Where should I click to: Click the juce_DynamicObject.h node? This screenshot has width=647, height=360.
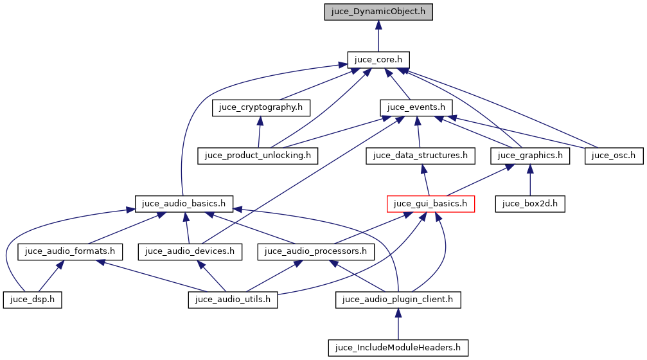[x=378, y=12]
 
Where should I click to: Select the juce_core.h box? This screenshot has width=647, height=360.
[x=378, y=60]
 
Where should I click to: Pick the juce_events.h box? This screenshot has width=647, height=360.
[x=416, y=107]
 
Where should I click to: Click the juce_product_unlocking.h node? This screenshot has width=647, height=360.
[x=258, y=156]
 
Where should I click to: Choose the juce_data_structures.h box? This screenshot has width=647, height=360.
[x=420, y=156]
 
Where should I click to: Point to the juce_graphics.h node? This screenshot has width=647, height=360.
[x=530, y=156]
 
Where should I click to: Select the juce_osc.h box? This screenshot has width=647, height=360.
[x=614, y=156]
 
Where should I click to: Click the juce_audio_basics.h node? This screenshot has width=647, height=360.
[x=184, y=204]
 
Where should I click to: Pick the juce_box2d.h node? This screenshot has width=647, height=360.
[x=529, y=204]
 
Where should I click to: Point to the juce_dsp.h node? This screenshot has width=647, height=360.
[x=32, y=300]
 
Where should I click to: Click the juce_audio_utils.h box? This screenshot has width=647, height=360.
[x=233, y=300]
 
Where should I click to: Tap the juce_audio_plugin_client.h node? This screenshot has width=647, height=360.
[x=398, y=300]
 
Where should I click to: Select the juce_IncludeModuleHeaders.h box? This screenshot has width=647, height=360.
[x=398, y=348]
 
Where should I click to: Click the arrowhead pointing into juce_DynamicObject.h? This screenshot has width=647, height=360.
[x=378, y=25]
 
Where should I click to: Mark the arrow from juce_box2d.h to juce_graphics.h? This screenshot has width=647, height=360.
[x=529, y=179]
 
